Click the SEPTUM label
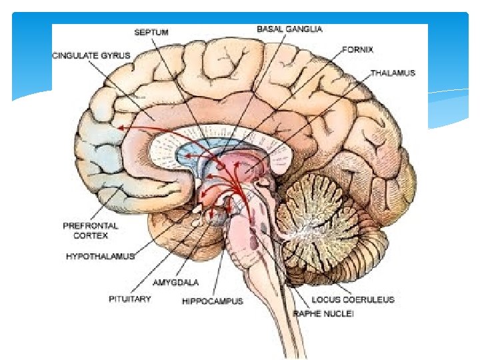[151, 31]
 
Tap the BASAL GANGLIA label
[289, 29]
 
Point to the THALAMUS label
[393, 73]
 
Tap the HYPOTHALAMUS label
[100, 255]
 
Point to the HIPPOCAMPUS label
[213, 301]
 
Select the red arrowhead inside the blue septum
[188, 155]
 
